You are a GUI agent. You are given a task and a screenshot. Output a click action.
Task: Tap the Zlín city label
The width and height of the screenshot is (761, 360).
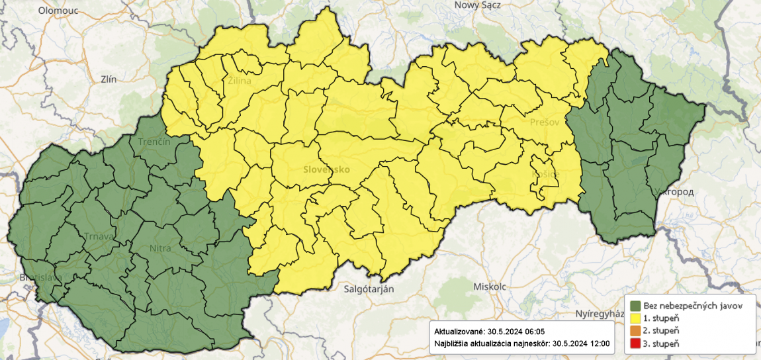point(108,79)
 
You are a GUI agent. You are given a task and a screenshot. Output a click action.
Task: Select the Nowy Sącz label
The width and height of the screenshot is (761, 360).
point(477,5)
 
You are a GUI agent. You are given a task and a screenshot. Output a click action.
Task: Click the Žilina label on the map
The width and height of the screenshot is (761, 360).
point(239,82)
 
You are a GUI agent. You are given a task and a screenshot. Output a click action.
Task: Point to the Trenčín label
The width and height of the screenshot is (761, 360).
point(154,142)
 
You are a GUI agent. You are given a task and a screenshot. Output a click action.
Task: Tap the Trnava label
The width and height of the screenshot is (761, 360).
point(98,236)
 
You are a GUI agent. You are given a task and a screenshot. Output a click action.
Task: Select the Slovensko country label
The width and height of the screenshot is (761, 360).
point(326,169)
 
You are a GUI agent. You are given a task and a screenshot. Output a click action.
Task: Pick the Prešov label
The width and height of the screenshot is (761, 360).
point(545,122)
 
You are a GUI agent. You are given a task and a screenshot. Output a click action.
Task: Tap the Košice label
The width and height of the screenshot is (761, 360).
point(546,173)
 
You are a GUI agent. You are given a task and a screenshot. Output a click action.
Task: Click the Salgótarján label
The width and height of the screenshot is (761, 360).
point(369,289)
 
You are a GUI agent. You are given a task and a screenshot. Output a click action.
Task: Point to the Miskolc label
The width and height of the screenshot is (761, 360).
point(490,287)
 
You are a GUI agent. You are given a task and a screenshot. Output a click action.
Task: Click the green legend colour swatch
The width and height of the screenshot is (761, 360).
point(635,306)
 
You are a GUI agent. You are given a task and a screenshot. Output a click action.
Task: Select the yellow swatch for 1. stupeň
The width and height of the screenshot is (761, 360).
point(635,318)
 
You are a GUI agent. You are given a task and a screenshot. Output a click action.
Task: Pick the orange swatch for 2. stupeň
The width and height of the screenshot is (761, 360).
point(635,330)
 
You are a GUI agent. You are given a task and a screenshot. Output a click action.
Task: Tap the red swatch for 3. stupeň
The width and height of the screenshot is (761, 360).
point(635,343)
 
